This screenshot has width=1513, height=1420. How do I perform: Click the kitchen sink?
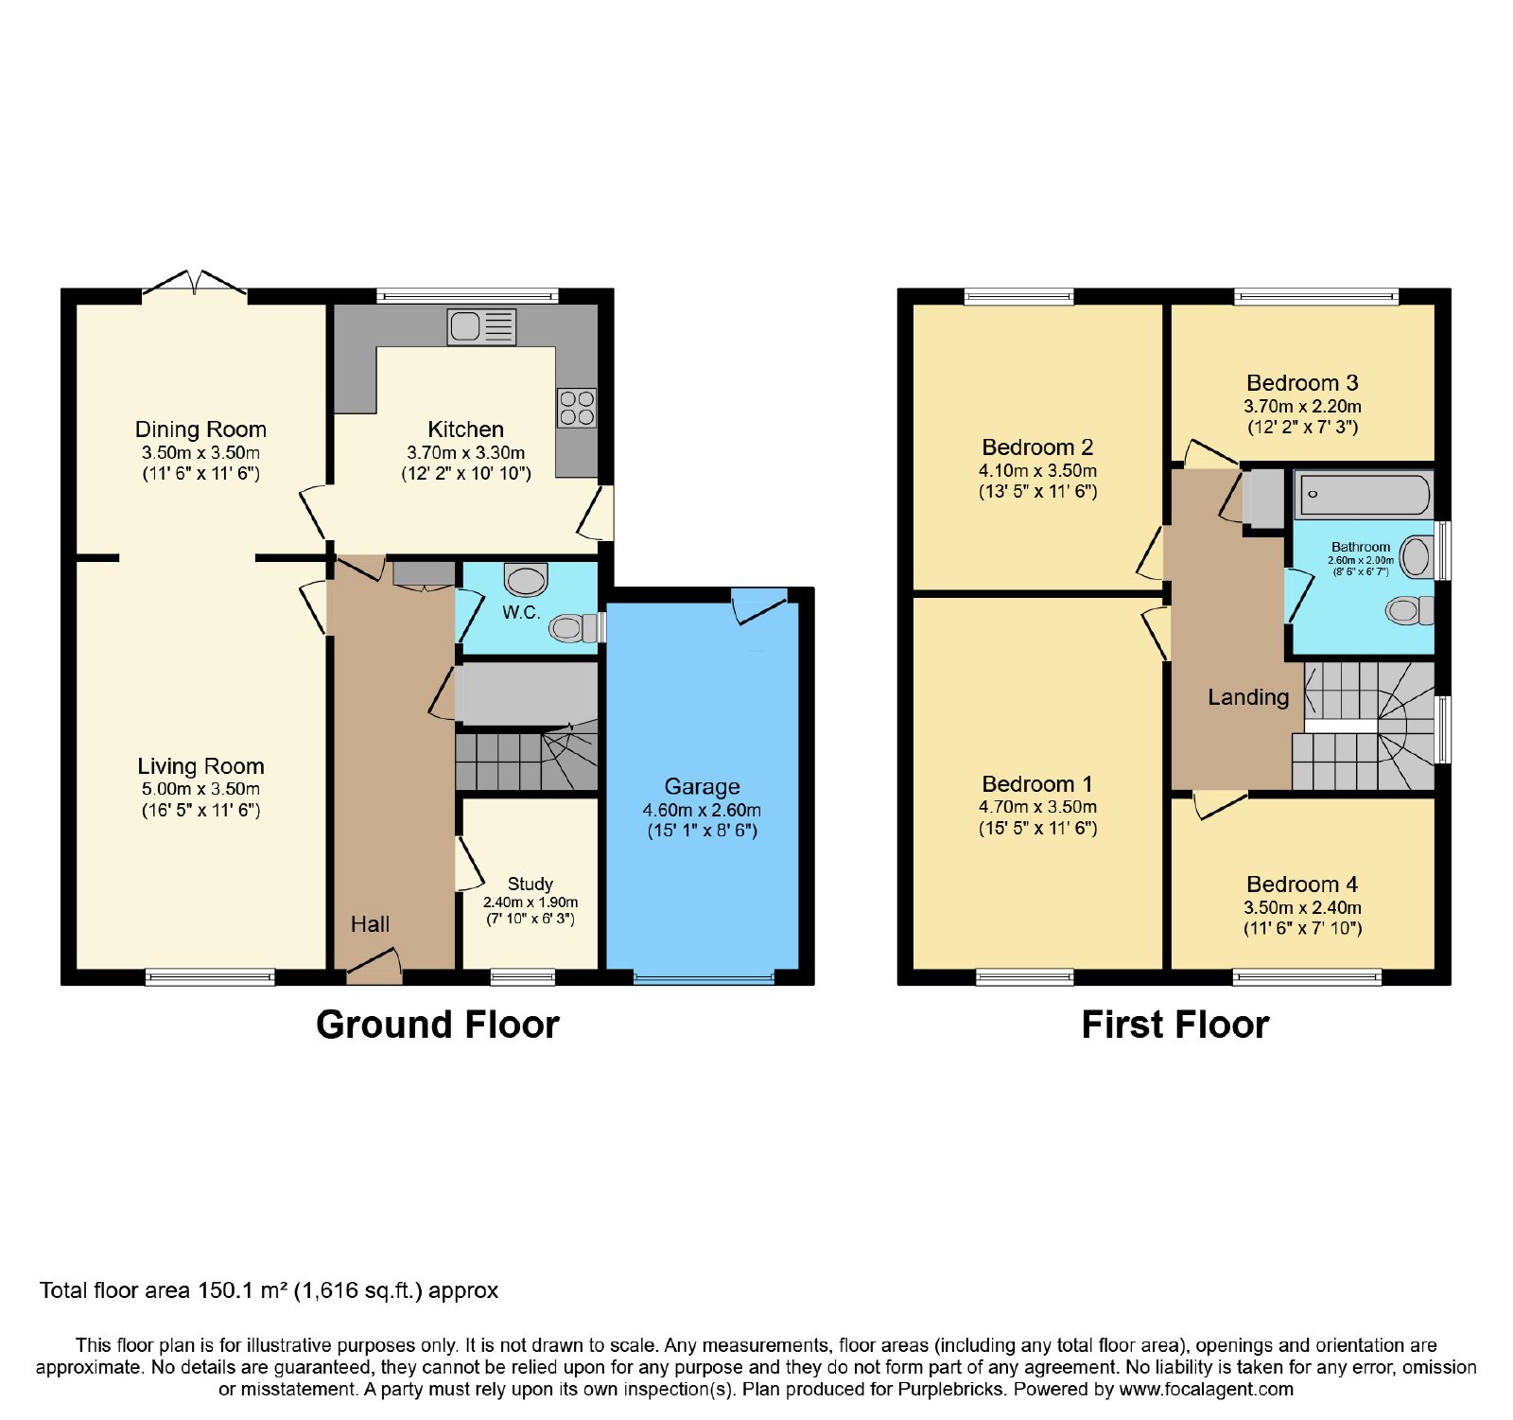tap(482, 326)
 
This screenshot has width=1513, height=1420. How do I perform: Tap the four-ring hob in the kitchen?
tap(577, 408)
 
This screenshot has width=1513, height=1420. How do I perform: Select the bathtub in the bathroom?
tap(1363, 495)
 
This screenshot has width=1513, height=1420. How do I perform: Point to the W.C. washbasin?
tap(526, 579)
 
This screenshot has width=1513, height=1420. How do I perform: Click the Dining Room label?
tap(200, 430)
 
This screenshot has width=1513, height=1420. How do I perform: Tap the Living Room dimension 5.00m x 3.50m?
tap(200, 789)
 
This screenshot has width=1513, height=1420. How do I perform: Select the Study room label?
tap(530, 884)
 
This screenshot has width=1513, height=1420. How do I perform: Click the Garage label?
tap(702, 787)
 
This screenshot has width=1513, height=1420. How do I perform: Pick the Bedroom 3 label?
tap(1302, 383)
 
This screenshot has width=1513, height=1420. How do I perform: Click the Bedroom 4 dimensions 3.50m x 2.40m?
tap(1302, 907)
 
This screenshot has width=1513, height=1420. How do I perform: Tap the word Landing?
tap(1248, 697)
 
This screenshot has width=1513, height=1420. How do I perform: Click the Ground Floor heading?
tap(438, 1025)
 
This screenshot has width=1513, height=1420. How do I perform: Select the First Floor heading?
tap(1175, 1025)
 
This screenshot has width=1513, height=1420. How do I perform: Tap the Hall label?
tap(370, 924)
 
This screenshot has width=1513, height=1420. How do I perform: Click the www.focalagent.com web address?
tap(1206, 1390)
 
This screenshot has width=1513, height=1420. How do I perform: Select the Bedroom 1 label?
tap(1037, 784)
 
